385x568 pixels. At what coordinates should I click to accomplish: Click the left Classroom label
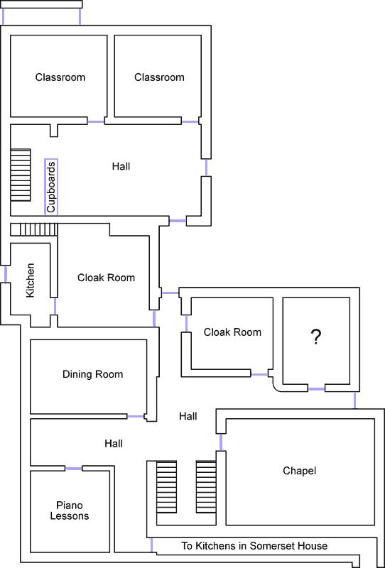(60, 77)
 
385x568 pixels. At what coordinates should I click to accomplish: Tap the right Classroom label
(159, 77)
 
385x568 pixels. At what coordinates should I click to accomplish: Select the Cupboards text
(51, 187)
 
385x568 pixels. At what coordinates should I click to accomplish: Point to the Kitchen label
(31, 280)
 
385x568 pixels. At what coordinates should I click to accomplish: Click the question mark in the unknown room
(316, 337)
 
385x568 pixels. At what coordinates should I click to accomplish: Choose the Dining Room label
(93, 374)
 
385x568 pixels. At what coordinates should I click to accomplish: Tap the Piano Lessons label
(69, 510)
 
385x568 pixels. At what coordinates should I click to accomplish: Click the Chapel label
(300, 471)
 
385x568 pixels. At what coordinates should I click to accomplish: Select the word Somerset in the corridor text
(266, 545)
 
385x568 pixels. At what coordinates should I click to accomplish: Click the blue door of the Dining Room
(136, 417)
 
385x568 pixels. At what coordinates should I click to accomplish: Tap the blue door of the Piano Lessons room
(74, 469)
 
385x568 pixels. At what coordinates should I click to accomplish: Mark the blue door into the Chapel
(221, 442)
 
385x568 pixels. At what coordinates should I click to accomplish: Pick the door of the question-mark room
(316, 389)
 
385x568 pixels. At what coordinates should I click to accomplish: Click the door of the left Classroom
(96, 121)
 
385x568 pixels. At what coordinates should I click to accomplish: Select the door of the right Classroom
(190, 121)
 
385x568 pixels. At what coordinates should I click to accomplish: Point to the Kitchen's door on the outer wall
(6, 274)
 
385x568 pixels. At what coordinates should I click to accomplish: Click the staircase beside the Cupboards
(21, 175)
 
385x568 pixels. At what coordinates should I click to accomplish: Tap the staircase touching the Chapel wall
(207, 486)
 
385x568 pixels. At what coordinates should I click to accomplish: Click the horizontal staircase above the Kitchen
(34, 229)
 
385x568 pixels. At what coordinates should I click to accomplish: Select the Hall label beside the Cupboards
(121, 166)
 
